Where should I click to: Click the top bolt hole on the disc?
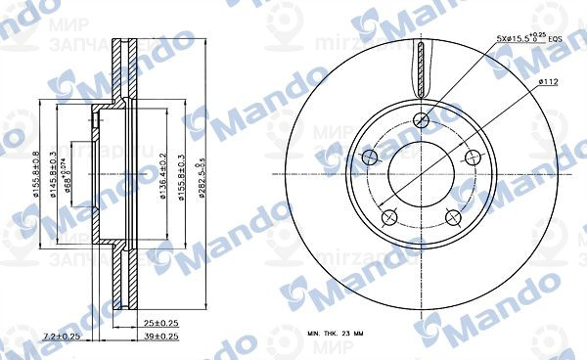click(x=422, y=120)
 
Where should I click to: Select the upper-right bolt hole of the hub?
click(x=474, y=157)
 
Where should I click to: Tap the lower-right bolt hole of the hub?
click(x=454, y=219)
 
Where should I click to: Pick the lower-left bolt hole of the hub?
click(x=389, y=219)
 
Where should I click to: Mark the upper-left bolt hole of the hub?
click(x=370, y=158)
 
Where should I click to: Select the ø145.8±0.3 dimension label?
click(x=53, y=178)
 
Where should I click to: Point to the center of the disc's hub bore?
click(x=422, y=177)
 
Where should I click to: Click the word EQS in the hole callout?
click(x=556, y=40)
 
